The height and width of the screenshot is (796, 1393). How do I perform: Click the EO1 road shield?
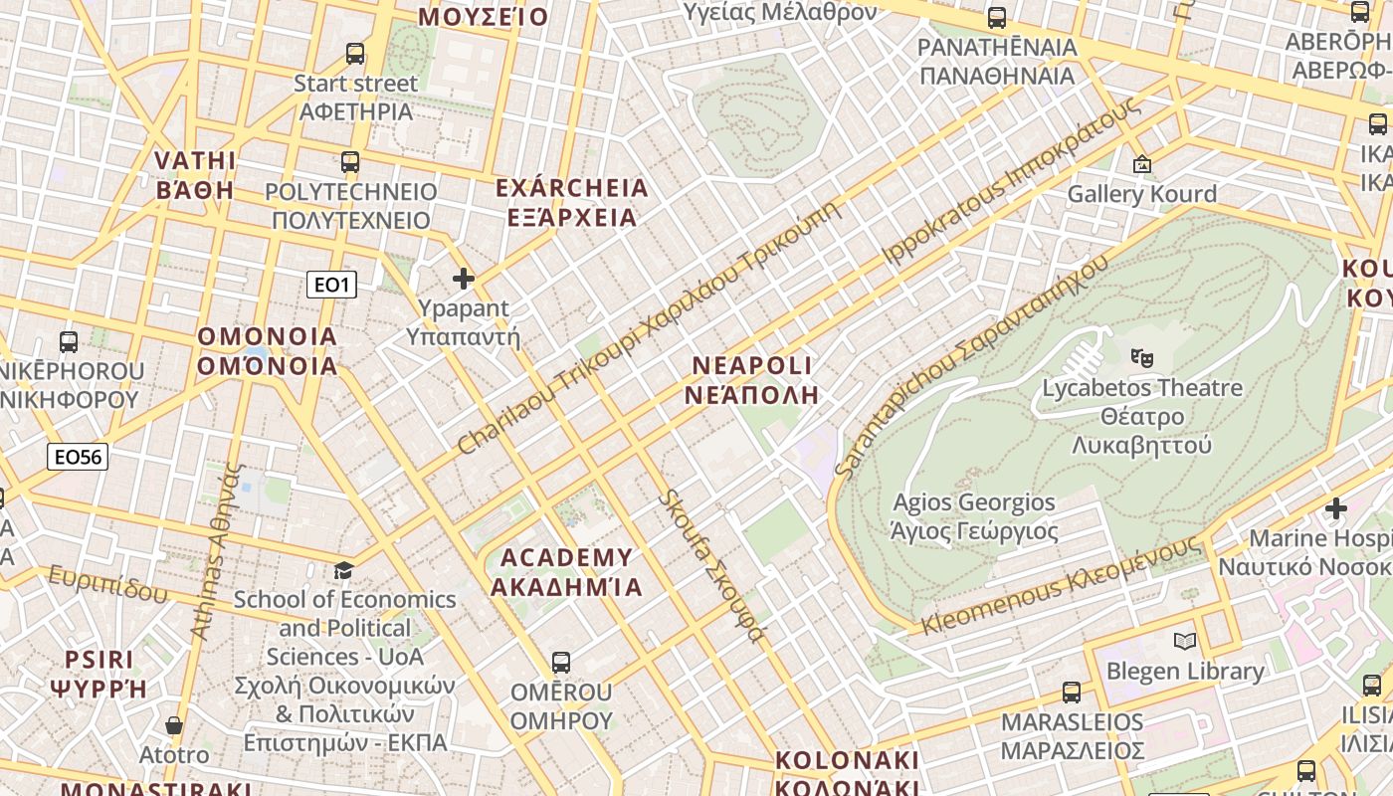(331, 286)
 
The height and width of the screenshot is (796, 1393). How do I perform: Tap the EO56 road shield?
(78, 457)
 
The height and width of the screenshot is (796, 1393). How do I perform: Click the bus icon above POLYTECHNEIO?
(350, 161)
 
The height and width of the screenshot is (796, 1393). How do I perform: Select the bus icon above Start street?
(355, 54)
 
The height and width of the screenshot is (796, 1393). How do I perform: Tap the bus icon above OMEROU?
(561, 663)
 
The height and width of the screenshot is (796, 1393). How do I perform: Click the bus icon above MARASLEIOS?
(1072, 693)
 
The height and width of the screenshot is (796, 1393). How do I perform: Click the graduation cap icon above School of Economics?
(344, 570)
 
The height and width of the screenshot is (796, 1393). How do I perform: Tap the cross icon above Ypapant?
(464, 279)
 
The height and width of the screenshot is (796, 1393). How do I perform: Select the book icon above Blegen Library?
(1185, 641)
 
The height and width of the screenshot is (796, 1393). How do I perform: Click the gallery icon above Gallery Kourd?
(1142, 163)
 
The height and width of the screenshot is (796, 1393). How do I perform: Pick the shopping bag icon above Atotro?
(174, 725)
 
